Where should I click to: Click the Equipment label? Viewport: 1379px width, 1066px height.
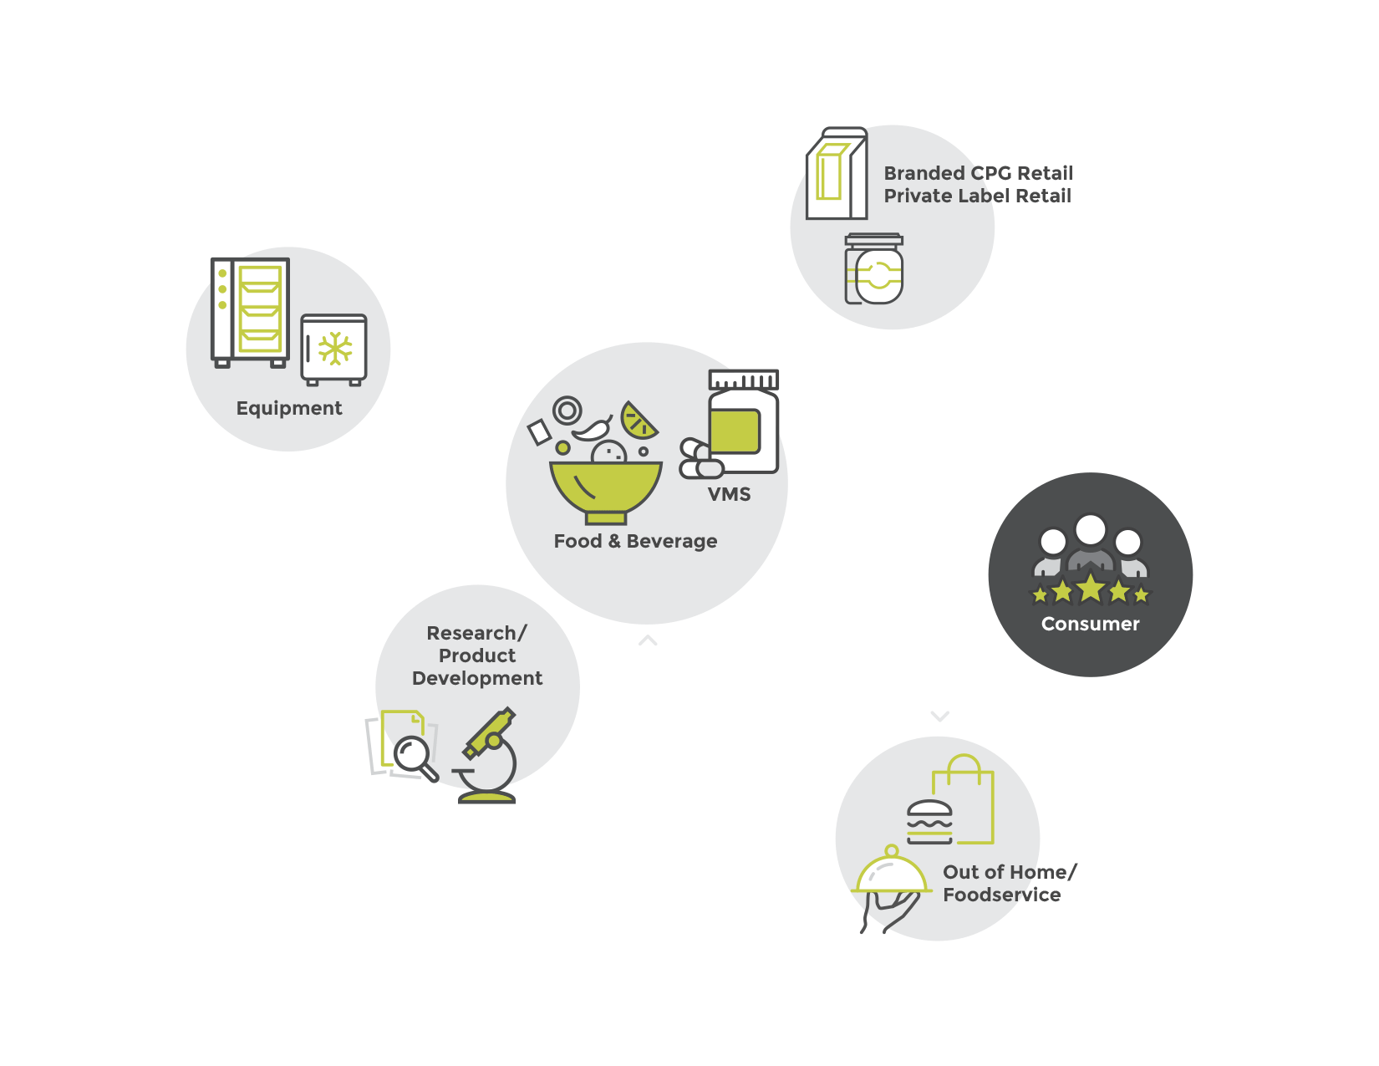289,408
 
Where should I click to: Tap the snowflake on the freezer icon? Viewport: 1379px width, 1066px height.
335,349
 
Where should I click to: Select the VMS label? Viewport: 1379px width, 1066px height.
729,494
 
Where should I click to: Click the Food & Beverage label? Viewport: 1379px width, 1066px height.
635,541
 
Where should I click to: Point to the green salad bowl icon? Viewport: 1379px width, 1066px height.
605,489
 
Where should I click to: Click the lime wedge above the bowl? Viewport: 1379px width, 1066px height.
639,421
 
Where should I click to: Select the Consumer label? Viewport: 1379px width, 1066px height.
1090,624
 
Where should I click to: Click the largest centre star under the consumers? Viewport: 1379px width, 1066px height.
1091,588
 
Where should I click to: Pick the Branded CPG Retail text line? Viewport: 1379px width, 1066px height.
978,173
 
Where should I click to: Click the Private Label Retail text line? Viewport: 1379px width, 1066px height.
977,196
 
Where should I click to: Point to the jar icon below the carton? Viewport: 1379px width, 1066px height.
874,269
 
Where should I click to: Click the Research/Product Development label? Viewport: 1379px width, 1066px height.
477,655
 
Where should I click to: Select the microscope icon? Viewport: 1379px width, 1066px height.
489,757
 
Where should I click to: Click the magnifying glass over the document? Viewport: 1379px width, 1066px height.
414,755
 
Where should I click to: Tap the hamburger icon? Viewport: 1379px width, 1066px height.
929,822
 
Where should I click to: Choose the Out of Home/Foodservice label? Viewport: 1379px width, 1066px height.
1009,883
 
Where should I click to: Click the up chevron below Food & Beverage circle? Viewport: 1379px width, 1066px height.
648,640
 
